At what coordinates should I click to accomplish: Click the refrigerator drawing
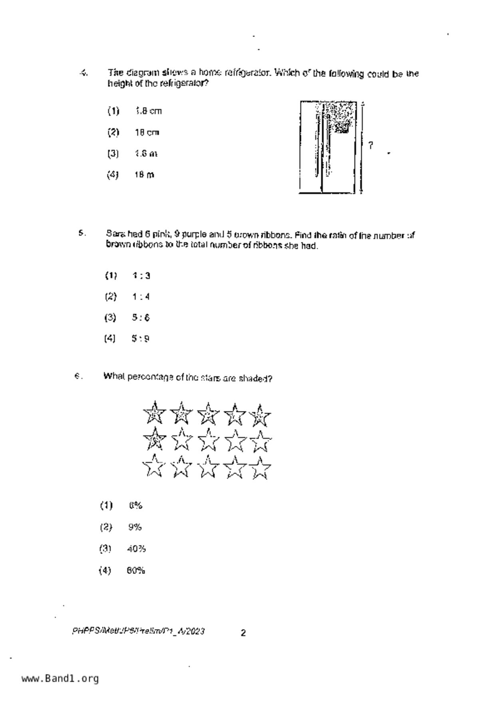click(x=328, y=147)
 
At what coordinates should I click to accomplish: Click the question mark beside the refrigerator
click(x=371, y=145)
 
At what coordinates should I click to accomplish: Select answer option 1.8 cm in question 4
click(x=148, y=111)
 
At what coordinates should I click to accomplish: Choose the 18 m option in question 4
click(x=144, y=175)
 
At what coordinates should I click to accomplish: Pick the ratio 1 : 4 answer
click(x=141, y=297)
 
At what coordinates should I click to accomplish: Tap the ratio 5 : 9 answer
click(x=141, y=339)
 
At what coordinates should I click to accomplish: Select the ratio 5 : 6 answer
click(x=141, y=318)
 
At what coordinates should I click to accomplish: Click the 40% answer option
click(x=136, y=549)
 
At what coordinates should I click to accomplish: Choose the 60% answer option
click(x=136, y=570)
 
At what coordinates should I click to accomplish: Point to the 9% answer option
click(x=135, y=527)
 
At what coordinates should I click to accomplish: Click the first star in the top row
click(x=154, y=413)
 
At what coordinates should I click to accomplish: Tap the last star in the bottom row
click(x=260, y=468)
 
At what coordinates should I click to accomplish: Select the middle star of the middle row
click(x=208, y=440)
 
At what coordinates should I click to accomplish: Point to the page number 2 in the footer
click(x=243, y=633)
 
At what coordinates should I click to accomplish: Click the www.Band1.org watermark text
click(x=60, y=678)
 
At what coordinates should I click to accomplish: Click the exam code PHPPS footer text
click(x=138, y=631)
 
